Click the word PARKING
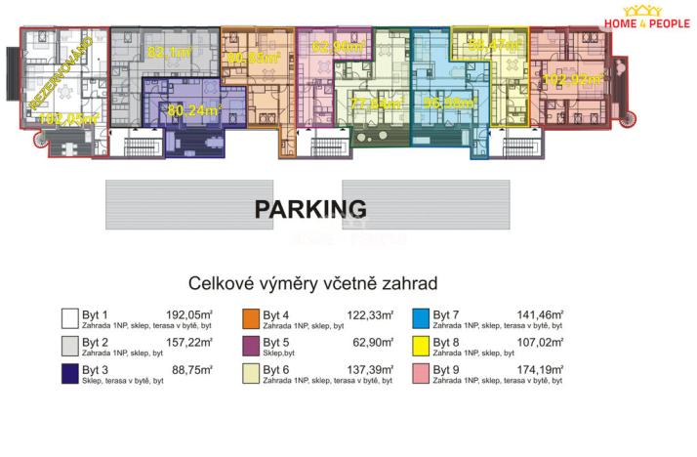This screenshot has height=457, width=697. (x=310, y=209)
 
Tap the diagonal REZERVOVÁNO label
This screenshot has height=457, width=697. (x=60, y=74)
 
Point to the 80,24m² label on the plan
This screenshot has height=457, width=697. (x=194, y=109)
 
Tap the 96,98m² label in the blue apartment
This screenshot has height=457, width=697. (x=446, y=102)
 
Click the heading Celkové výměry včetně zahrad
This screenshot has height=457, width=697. (x=312, y=283)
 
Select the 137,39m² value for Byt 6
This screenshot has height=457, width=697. (x=372, y=370)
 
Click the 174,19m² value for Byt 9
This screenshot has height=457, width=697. (x=542, y=370)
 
